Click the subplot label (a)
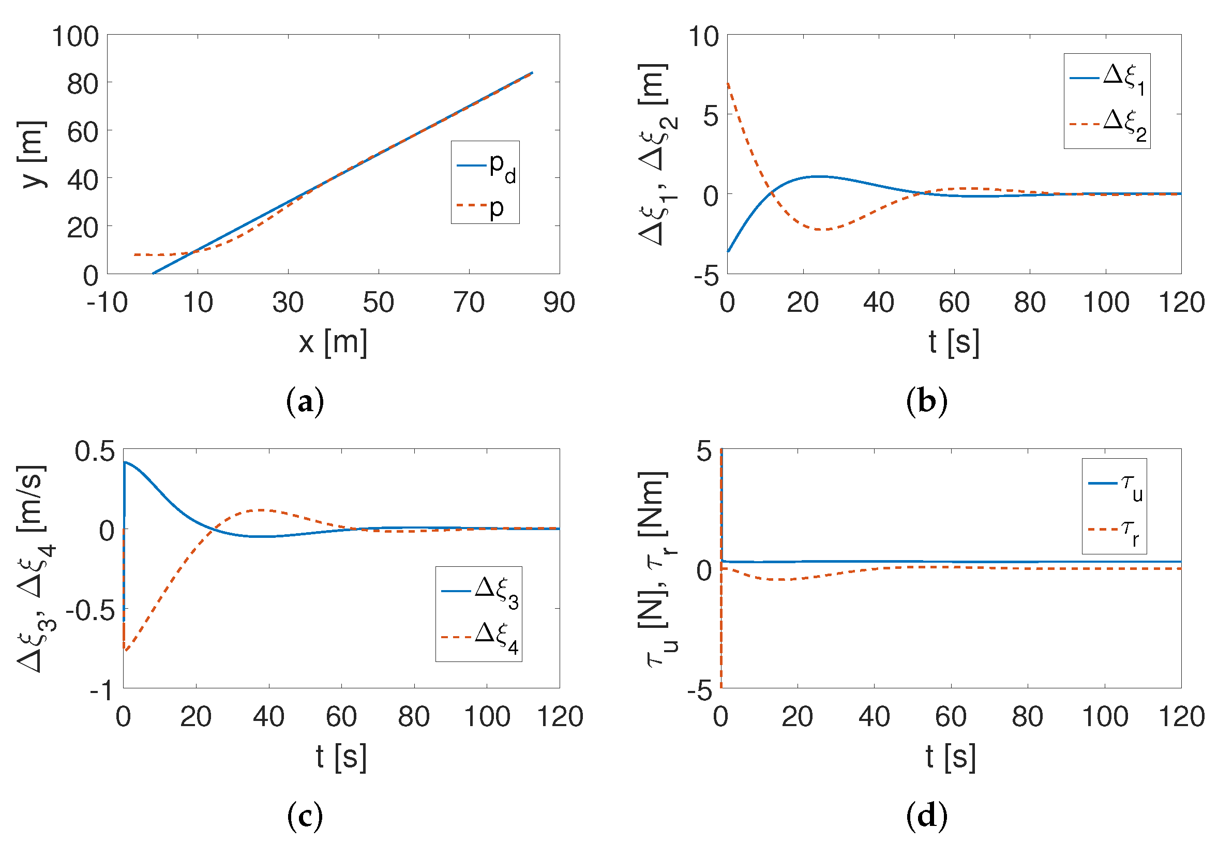(x=304, y=402)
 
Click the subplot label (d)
(x=926, y=816)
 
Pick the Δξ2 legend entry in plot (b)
(x=1108, y=125)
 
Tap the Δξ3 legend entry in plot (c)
(x=479, y=592)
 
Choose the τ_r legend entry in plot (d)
(x=1114, y=531)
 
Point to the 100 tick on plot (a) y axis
(x=76, y=37)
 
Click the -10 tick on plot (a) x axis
(x=107, y=303)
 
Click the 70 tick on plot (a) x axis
(x=469, y=303)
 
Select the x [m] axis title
(x=333, y=342)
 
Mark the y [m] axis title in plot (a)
(x=32, y=154)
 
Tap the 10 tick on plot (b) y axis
(x=703, y=37)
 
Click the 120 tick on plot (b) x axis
(x=1181, y=303)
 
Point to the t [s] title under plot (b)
(x=953, y=342)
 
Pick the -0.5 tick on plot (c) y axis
(x=91, y=611)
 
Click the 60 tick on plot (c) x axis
(x=341, y=717)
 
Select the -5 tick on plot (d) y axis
(x=700, y=690)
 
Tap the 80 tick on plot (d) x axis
(x=1027, y=717)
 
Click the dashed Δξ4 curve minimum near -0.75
(x=126, y=650)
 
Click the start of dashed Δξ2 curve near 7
(x=728, y=83)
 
